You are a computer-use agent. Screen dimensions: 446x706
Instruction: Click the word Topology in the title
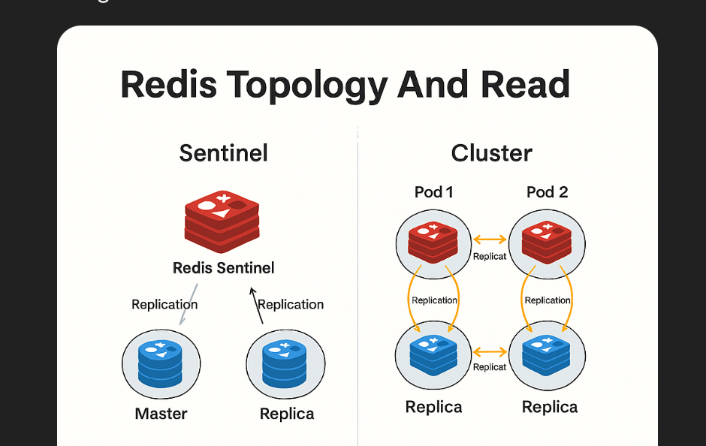pyautogui.click(x=306, y=86)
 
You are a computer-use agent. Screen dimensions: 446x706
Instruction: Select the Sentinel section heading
pyautogui.click(x=223, y=153)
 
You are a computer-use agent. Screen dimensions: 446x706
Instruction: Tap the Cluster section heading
pyautogui.click(x=491, y=153)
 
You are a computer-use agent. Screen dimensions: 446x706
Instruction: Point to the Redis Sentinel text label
pyautogui.click(x=223, y=267)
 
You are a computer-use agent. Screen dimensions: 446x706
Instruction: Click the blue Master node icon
pyautogui.click(x=160, y=364)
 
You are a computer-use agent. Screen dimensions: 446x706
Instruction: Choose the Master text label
pyautogui.click(x=161, y=414)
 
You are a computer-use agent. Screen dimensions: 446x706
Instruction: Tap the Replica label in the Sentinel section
pyautogui.click(x=286, y=414)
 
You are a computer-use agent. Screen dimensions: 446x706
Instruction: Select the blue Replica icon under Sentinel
pyautogui.click(x=285, y=364)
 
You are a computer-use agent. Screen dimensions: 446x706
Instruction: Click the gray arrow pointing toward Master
pyautogui.click(x=187, y=305)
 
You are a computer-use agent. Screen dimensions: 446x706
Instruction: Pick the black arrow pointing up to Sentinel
pyautogui.click(x=257, y=305)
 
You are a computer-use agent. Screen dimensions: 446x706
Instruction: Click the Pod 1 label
pyautogui.click(x=433, y=192)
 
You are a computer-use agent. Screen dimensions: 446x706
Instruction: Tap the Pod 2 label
pyautogui.click(x=547, y=192)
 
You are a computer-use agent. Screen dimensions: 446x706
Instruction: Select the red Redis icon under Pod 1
pyautogui.click(x=433, y=242)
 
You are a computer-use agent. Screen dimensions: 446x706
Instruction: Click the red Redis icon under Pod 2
pyautogui.click(x=547, y=242)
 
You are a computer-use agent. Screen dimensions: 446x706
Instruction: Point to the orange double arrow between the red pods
pyautogui.click(x=490, y=240)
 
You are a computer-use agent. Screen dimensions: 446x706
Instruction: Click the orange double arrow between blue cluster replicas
pyautogui.click(x=490, y=351)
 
